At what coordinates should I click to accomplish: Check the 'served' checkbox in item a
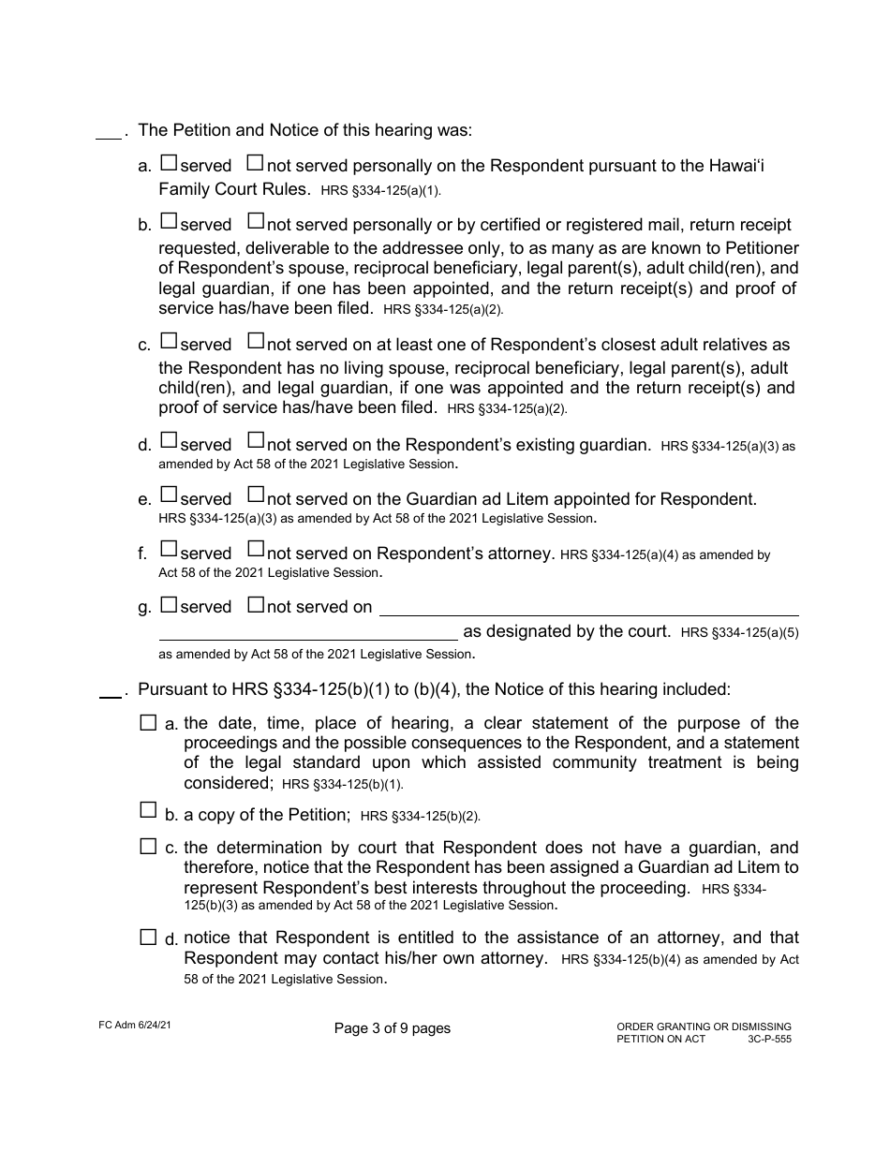click(x=169, y=163)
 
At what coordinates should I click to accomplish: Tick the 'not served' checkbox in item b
click(x=255, y=222)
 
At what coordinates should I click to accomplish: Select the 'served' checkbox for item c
click(x=169, y=342)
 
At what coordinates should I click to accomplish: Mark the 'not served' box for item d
click(x=255, y=441)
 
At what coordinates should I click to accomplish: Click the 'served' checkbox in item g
click(x=169, y=604)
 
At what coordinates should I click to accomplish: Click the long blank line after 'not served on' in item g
click(x=587, y=611)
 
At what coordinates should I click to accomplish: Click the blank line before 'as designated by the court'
click(x=308, y=636)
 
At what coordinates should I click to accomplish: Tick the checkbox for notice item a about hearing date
click(x=148, y=722)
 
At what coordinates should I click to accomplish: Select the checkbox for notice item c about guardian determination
click(x=148, y=847)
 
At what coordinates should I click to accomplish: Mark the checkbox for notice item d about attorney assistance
click(x=148, y=937)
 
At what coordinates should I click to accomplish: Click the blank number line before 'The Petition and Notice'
click(x=109, y=137)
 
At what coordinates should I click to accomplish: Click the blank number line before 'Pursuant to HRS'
click(x=110, y=694)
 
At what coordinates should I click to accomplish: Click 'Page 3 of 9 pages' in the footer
click(x=392, y=1028)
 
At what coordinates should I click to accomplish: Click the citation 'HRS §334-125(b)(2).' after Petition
click(x=420, y=817)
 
